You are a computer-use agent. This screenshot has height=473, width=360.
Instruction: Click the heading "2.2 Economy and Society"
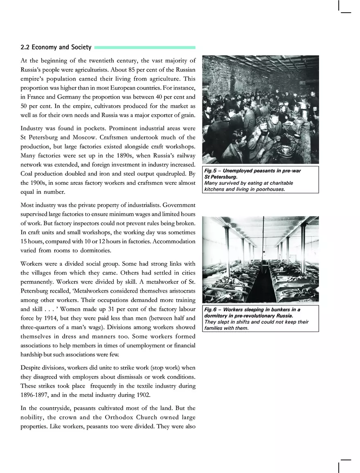pyautogui.click(x=56, y=47)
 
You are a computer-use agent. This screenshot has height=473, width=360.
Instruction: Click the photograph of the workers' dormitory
pyautogui.click(x=261, y=259)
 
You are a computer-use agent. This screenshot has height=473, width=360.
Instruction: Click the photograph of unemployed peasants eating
pyautogui.click(x=261, y=109)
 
